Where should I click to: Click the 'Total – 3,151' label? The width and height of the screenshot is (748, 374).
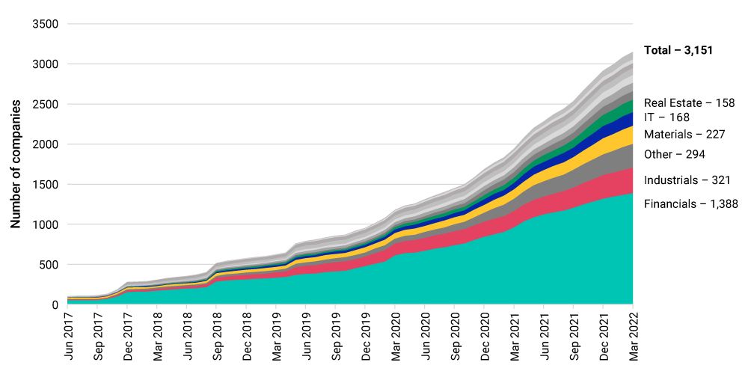click(x=678, y=51)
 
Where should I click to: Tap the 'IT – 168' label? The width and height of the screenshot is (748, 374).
click(x=666, y=117)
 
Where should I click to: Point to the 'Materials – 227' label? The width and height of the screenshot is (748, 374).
click(x=684, y=135)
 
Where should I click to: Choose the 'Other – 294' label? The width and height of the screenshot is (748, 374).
click(x=675, y=154)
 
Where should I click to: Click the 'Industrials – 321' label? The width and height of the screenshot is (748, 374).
click(x=687, y=180)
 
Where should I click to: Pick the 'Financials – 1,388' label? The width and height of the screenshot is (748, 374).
click(x=690, y=203)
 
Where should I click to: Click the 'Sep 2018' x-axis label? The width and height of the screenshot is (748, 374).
click(x=216, y=335)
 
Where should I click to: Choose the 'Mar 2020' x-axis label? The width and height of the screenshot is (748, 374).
click(x=395, y=335)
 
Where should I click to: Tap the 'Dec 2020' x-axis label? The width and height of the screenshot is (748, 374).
click(x=485, y=335)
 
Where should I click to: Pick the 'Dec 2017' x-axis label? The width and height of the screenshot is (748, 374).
click(x=127, y=335)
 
